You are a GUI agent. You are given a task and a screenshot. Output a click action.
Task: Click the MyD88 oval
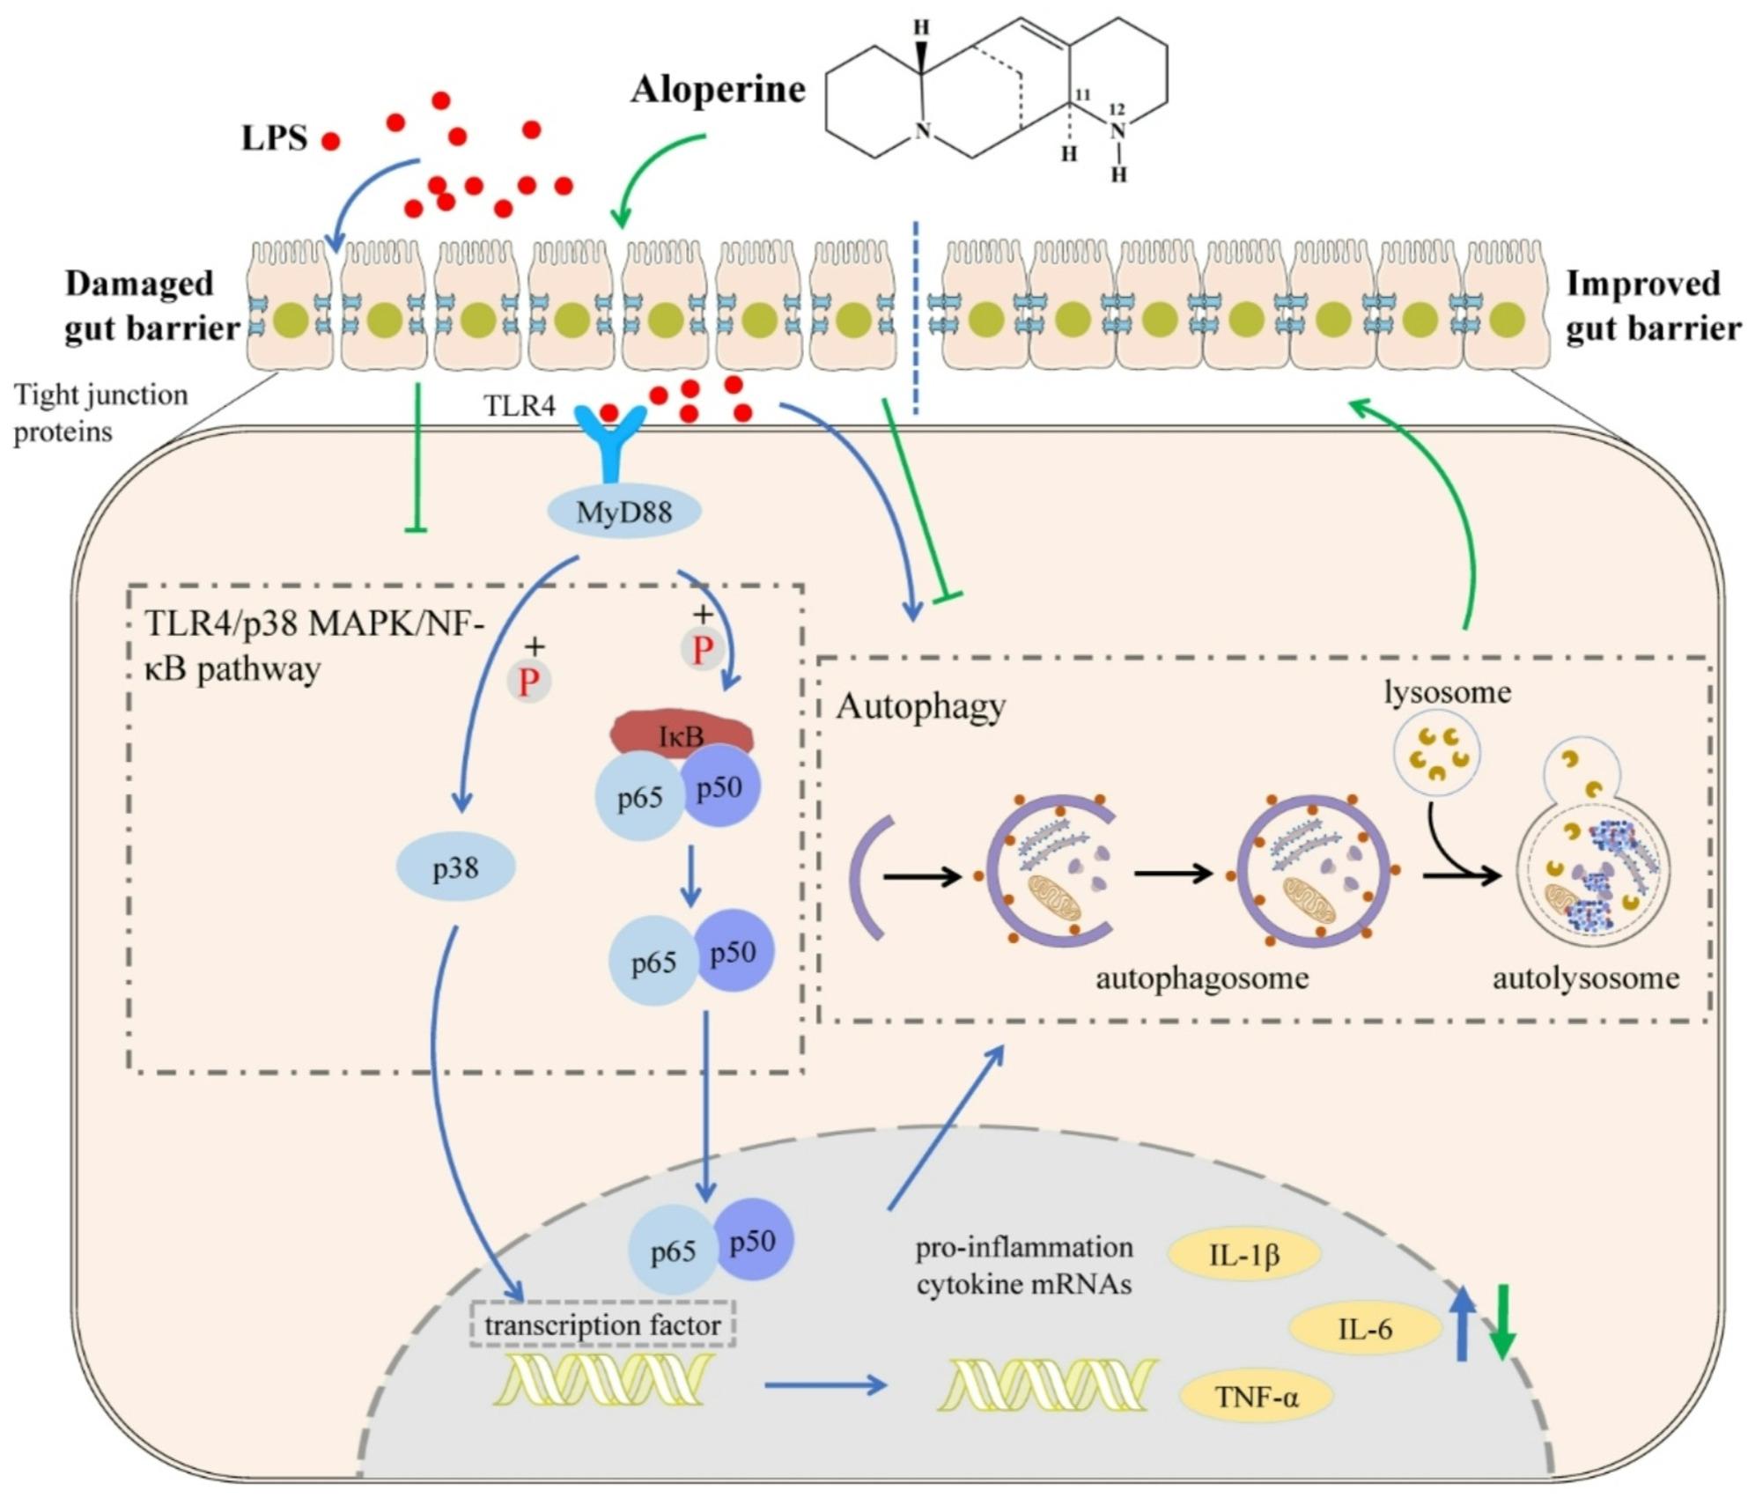[x=624, y=512]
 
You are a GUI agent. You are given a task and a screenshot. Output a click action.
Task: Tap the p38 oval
[x=455, y=868]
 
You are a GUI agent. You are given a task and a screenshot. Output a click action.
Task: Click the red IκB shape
[x=682, y=733]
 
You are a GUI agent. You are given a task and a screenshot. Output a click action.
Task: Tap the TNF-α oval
[x=1256, y=1397]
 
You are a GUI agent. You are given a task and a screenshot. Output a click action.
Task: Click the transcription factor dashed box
[x=602, y=1325]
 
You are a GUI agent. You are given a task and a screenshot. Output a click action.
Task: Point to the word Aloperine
[x=718, y=89]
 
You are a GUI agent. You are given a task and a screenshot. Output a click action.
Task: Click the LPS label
[x=275, y=138]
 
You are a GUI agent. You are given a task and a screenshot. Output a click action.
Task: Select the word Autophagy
[x=920, y=706]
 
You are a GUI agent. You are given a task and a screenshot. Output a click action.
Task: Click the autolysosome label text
[x=1585, y=978]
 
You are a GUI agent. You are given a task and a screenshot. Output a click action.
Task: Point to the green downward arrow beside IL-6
[x=1503, y=1322]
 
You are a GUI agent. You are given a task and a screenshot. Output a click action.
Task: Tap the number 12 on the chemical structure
[x=1117, y=109]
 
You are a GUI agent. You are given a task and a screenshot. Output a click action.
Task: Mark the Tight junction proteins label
[x=100, y=413]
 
